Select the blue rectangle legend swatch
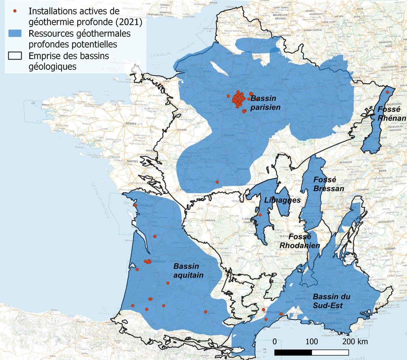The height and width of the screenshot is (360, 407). point(15,33)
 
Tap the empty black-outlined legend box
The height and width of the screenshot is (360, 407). point(15,55)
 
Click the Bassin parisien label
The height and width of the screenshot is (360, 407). point(265,103)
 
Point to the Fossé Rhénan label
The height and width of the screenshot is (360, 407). point(392,114)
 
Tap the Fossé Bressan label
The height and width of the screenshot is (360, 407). point(329,184)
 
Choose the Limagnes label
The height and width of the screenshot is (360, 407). point(282,200)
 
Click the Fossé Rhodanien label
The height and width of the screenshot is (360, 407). point(299,241)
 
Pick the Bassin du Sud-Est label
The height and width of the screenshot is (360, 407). point(331,301)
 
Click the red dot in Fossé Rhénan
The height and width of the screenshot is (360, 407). point(387,92)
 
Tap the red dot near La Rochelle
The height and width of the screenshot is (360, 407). point(135,205)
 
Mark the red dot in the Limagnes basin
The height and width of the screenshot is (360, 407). point(260,215)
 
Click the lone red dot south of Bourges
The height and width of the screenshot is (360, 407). point(217,182)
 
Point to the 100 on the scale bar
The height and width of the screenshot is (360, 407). point(312,342)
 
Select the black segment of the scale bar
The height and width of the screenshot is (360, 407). point(293,352)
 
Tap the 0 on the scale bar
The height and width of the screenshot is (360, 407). point(275,342)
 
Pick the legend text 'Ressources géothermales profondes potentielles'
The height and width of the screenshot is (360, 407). point(79,39)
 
